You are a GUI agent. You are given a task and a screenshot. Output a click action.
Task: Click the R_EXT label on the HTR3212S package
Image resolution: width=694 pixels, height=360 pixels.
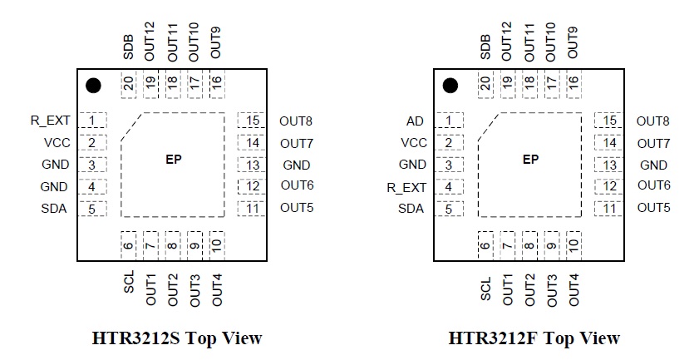coord(50,121)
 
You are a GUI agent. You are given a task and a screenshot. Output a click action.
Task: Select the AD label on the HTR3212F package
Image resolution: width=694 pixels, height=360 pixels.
coord(416,121)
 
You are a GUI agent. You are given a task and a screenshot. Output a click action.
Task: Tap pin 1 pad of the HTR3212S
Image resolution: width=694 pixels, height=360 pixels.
coord(92,121)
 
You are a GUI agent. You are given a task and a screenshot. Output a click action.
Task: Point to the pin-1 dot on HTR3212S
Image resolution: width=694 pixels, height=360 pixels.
coord(93,85)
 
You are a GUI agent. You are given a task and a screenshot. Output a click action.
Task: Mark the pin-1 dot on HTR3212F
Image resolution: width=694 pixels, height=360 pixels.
coord(450,85)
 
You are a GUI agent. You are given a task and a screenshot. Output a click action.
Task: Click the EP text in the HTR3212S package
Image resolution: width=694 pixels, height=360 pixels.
coord(174,160)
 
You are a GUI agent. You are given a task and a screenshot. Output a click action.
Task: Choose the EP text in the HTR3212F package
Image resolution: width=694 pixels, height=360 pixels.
coord(530,160)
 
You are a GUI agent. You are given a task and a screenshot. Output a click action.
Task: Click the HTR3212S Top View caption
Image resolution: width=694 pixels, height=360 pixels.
coord(177,338)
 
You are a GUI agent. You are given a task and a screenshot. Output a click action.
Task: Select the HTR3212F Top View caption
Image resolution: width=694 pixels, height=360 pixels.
coord(534,338)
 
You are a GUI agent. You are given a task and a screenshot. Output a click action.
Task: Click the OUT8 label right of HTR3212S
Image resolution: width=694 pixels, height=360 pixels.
coord(297,121)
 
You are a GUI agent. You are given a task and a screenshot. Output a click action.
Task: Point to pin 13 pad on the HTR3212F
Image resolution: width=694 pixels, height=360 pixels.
coord(610,165)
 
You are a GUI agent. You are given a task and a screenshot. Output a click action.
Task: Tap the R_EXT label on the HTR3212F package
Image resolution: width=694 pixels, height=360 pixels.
coord(406,187)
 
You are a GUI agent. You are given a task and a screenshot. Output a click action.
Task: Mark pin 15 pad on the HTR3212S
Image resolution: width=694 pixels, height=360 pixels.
coord(253,121)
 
